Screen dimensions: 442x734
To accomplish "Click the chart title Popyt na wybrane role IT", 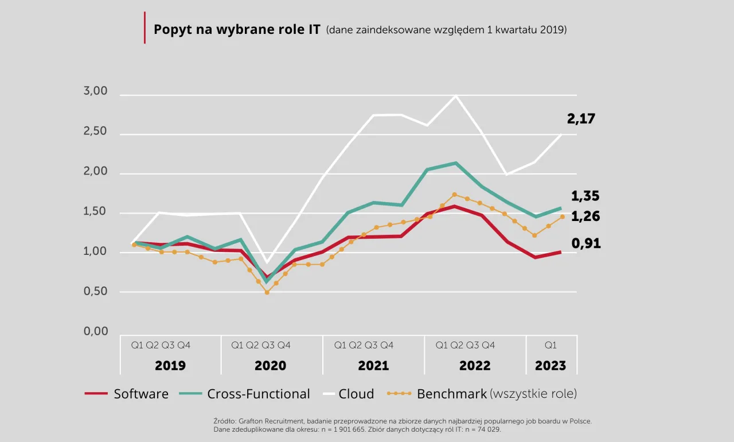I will coord(237,29).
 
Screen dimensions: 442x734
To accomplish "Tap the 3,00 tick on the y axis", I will coord(96,91).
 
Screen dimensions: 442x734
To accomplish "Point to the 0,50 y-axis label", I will coord(96,292).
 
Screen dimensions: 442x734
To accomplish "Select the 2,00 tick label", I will coord(96,172).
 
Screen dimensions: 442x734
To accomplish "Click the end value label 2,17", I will coord(581,119).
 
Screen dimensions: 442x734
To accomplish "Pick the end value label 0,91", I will coord(585,244).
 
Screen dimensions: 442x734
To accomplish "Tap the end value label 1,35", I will coord(585,196).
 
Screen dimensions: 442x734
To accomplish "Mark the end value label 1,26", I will coord(585,217).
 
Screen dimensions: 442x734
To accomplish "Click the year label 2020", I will coord(270,366).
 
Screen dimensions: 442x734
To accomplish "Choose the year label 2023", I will coord(550,366).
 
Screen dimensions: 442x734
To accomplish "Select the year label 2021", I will coord(373,366).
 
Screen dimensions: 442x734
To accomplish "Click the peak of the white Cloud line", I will coord(456,95).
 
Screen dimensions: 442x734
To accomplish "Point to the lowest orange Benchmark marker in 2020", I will coord(267,292).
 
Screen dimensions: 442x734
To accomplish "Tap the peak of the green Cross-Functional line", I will coord(455,163).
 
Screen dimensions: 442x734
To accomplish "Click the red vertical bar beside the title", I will coord(145,28).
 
